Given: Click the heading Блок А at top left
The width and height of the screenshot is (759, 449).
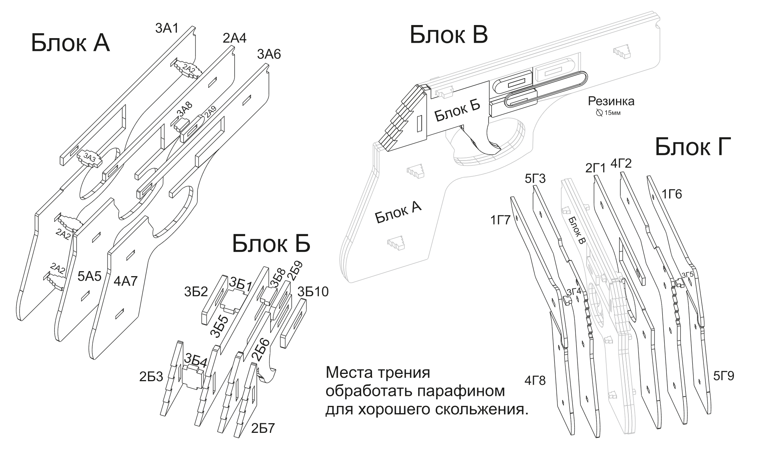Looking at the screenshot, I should [70, 43].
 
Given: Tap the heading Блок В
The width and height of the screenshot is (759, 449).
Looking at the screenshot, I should [448, 35].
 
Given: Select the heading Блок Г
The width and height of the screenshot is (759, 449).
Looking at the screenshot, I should [693, 147].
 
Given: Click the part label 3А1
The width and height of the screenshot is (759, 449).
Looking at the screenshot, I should [167, 28].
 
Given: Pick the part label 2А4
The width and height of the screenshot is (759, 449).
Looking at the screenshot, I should [234, 38].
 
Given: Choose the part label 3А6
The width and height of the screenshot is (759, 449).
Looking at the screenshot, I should [269, 55].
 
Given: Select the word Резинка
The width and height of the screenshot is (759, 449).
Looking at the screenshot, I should [611, 101].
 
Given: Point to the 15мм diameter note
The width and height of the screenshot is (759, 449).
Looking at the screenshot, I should [608, 113].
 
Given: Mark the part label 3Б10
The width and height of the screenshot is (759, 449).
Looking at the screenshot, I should [313, 292].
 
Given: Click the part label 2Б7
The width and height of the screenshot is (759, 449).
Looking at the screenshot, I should [263, 428].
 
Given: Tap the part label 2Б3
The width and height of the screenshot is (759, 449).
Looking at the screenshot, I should [151, 377].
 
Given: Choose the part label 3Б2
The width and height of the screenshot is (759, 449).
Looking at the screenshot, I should [196, 292].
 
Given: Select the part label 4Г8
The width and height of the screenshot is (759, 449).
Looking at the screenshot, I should [535, 380].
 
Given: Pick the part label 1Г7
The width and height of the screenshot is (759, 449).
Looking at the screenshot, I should [500, 220].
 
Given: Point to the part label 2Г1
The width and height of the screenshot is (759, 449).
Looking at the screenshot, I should [596, 168].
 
